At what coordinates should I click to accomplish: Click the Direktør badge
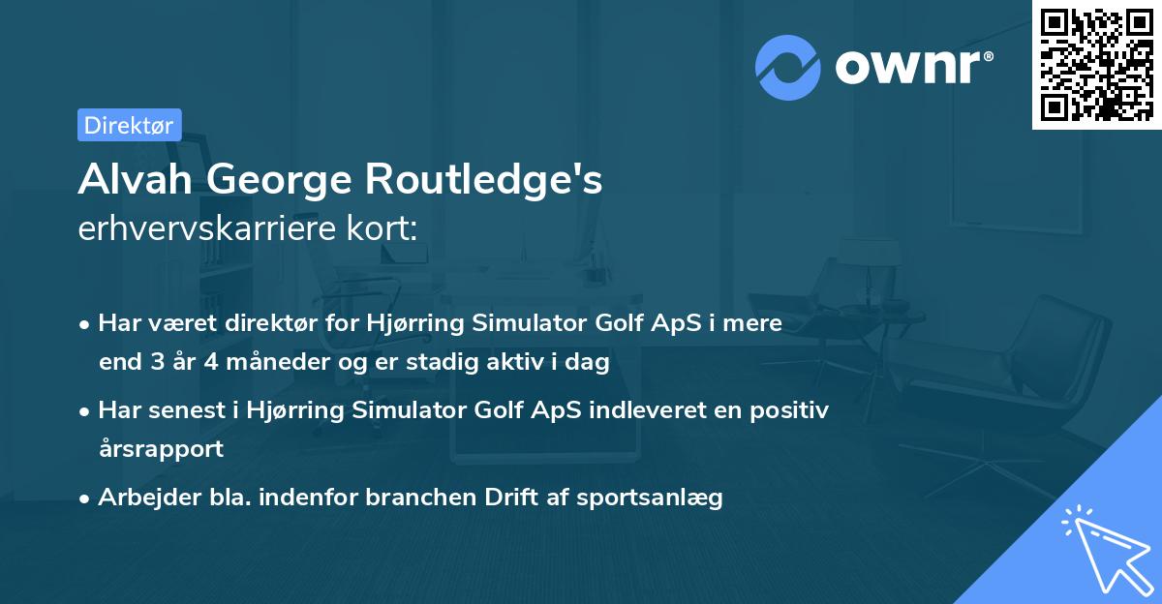click(x=129, y=125)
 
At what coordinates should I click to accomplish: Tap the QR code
click(x=1096, y=64)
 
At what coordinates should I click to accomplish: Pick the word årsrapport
click(x=161, y=448)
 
